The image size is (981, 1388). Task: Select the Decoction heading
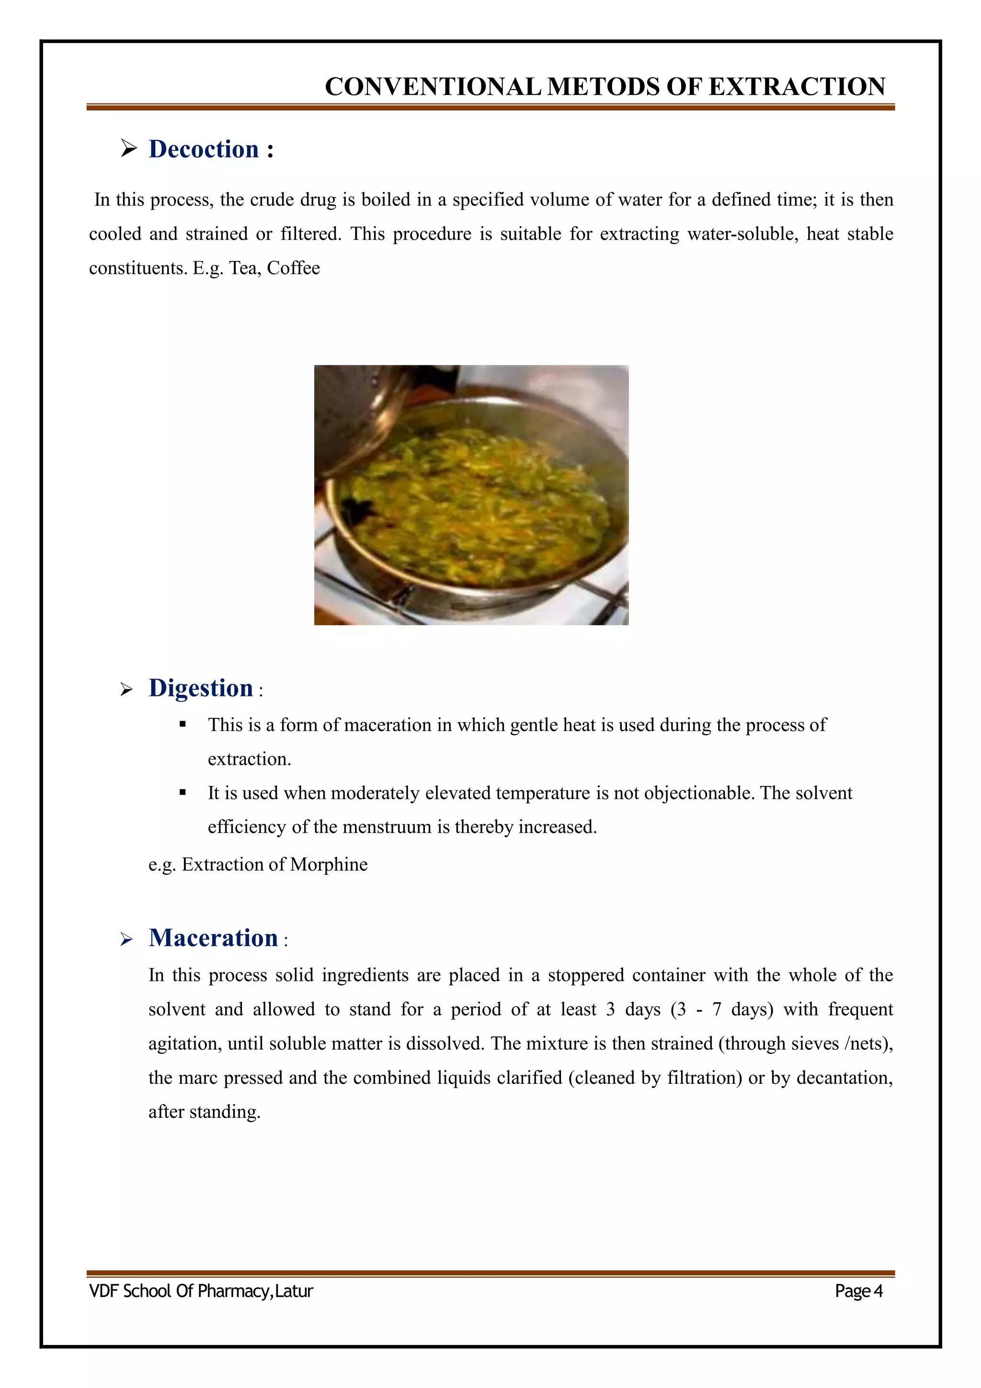tap(203, 149)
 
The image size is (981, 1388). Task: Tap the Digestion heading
tap(200, 688)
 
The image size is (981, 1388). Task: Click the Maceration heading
tap(213, 938)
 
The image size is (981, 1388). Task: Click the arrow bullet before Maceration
tap(126, 939)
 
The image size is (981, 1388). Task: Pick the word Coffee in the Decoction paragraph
tap(293, 268)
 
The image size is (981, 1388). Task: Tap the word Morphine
tap(328, 865)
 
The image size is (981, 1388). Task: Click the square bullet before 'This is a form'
tap(183, 724)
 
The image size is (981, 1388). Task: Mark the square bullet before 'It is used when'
tap(183, 792)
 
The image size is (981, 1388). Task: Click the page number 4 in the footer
tap(878, 1291)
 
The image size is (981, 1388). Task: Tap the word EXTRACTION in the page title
tap(797, 87)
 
